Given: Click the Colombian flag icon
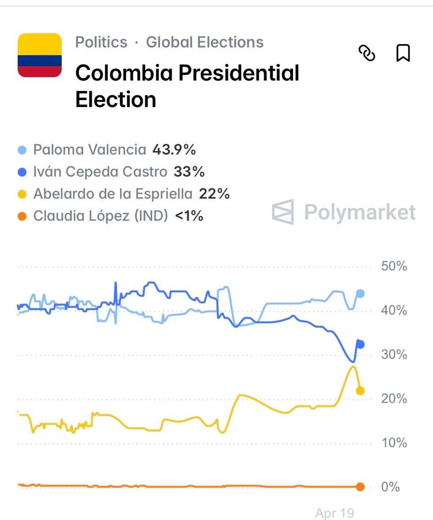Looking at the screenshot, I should (x=40, y=55).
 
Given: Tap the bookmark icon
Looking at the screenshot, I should (x=403, y=53).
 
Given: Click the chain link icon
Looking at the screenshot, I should (x=367, y=53).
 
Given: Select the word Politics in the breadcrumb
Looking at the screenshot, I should (x=101, y=42).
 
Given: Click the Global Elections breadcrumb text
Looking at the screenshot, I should (x=205, y=42).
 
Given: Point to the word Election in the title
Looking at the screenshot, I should (x=116, y=99).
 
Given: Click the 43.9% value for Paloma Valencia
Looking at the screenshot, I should (x=174, y=150).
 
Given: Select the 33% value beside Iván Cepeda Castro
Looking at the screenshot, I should (x=189, y=172).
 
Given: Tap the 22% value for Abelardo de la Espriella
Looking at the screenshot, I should (x=214, y=194).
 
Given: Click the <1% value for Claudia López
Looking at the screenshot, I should (x=189, y=216).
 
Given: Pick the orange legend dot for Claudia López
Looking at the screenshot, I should (x=24, y=216).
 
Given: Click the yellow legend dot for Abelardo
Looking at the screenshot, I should (x=24, y=194).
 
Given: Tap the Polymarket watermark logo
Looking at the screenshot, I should (x=283, y=212).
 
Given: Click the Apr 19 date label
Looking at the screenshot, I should (x=334, y=513).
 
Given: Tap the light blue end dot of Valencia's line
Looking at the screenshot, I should (x=360, y=293).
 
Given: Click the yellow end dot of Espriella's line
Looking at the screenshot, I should (x=360, y=390).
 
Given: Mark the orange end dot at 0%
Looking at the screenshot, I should (x=360, y=487).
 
